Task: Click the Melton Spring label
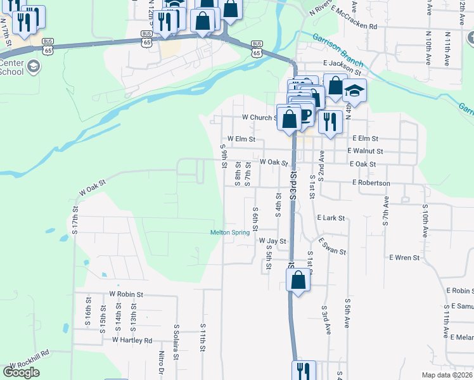230,232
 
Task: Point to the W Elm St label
241,139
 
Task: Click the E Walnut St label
365,151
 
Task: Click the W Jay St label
272,241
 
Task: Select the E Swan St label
333,248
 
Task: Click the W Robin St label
127,294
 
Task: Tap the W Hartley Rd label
132,340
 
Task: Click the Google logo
21,372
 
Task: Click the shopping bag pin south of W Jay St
298,281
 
